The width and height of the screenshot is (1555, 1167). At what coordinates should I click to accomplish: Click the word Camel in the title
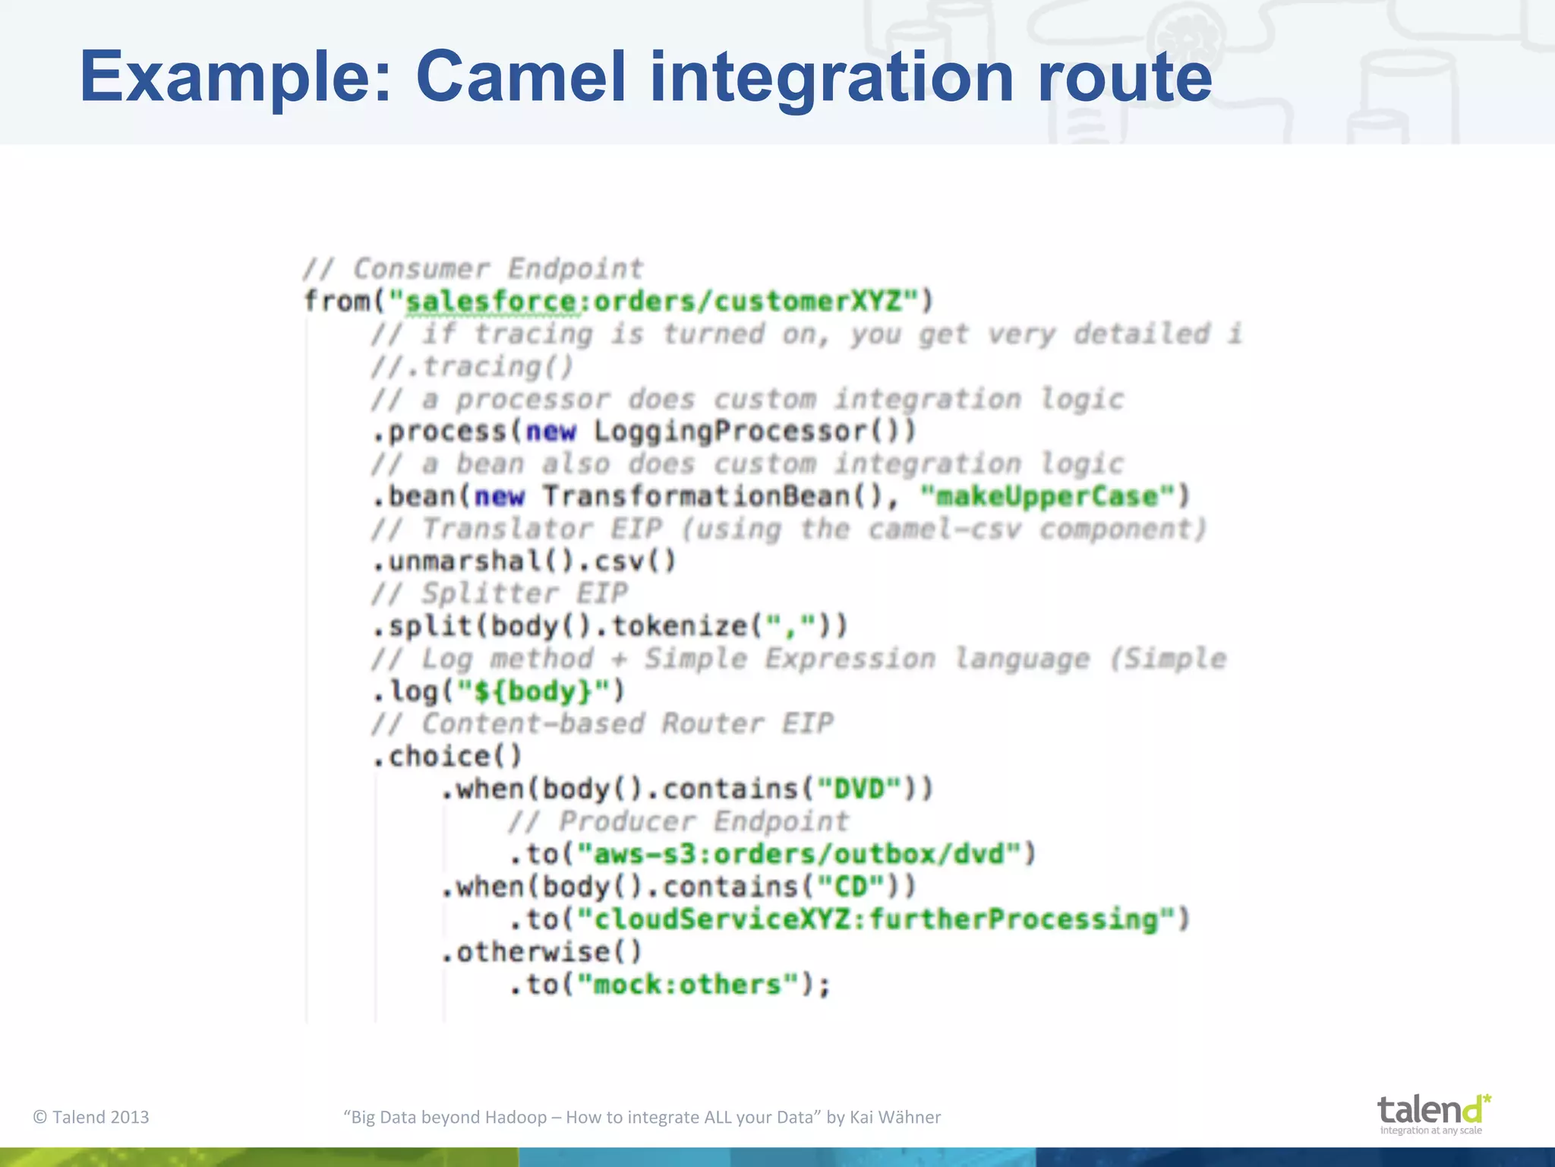click(521, 76)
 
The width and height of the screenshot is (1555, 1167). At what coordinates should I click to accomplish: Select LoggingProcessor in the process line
click(730, 432)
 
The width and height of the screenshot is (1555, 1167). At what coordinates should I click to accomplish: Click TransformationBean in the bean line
click(695, 497)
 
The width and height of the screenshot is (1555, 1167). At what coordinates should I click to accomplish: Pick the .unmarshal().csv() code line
click(524, 561)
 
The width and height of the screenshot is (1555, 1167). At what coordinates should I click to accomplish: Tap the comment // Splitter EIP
click(500, 593)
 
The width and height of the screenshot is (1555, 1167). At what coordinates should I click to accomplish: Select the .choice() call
click(448, 757)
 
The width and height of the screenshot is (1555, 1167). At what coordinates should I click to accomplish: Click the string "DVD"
click(859, 789)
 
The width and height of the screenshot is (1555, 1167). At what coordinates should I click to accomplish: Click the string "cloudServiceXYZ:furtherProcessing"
click(875, 919)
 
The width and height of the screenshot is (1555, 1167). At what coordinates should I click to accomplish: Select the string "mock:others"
click(687, 985)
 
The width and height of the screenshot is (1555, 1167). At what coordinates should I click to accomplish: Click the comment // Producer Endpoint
click(678, 821)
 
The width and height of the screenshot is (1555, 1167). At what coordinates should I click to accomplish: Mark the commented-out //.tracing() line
click(472, 367)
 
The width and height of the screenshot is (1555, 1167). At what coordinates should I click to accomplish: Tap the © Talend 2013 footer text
click(91, 1117)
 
